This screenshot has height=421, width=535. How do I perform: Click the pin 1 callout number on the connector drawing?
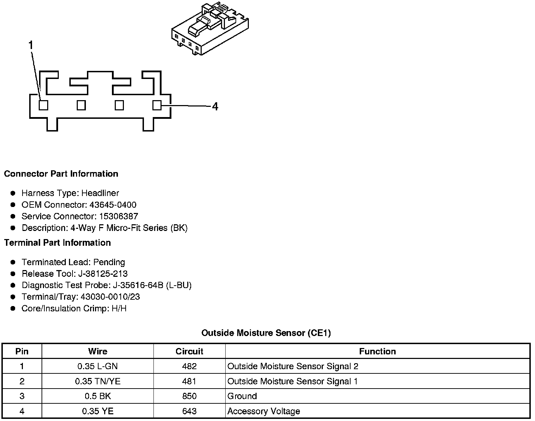coord(31,45)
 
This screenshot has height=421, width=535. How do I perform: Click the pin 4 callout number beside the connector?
coord(215,106)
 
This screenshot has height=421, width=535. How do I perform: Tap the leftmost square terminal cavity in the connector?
coord(43,105)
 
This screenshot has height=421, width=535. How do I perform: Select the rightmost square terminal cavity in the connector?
coord(157,105)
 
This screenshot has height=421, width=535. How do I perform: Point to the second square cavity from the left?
coord(81,105)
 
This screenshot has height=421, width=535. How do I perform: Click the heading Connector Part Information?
coord(61,174)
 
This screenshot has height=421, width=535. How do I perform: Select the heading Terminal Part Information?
coord(57,243)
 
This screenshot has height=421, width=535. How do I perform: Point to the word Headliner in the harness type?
coord(100,193)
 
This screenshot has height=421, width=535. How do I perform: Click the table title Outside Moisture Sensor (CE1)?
coord(266,333)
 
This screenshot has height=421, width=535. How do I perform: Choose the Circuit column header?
coord(189,351)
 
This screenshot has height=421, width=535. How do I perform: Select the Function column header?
coord(377,351)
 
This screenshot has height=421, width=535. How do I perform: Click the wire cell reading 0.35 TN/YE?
coord(97,381)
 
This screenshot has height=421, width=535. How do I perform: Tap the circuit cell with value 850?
coord(189,396)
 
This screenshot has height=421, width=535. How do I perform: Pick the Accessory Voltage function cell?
coord(264,411)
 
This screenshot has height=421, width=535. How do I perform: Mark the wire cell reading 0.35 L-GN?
coord(97,366)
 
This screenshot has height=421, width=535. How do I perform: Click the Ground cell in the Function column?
coord(242,396)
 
